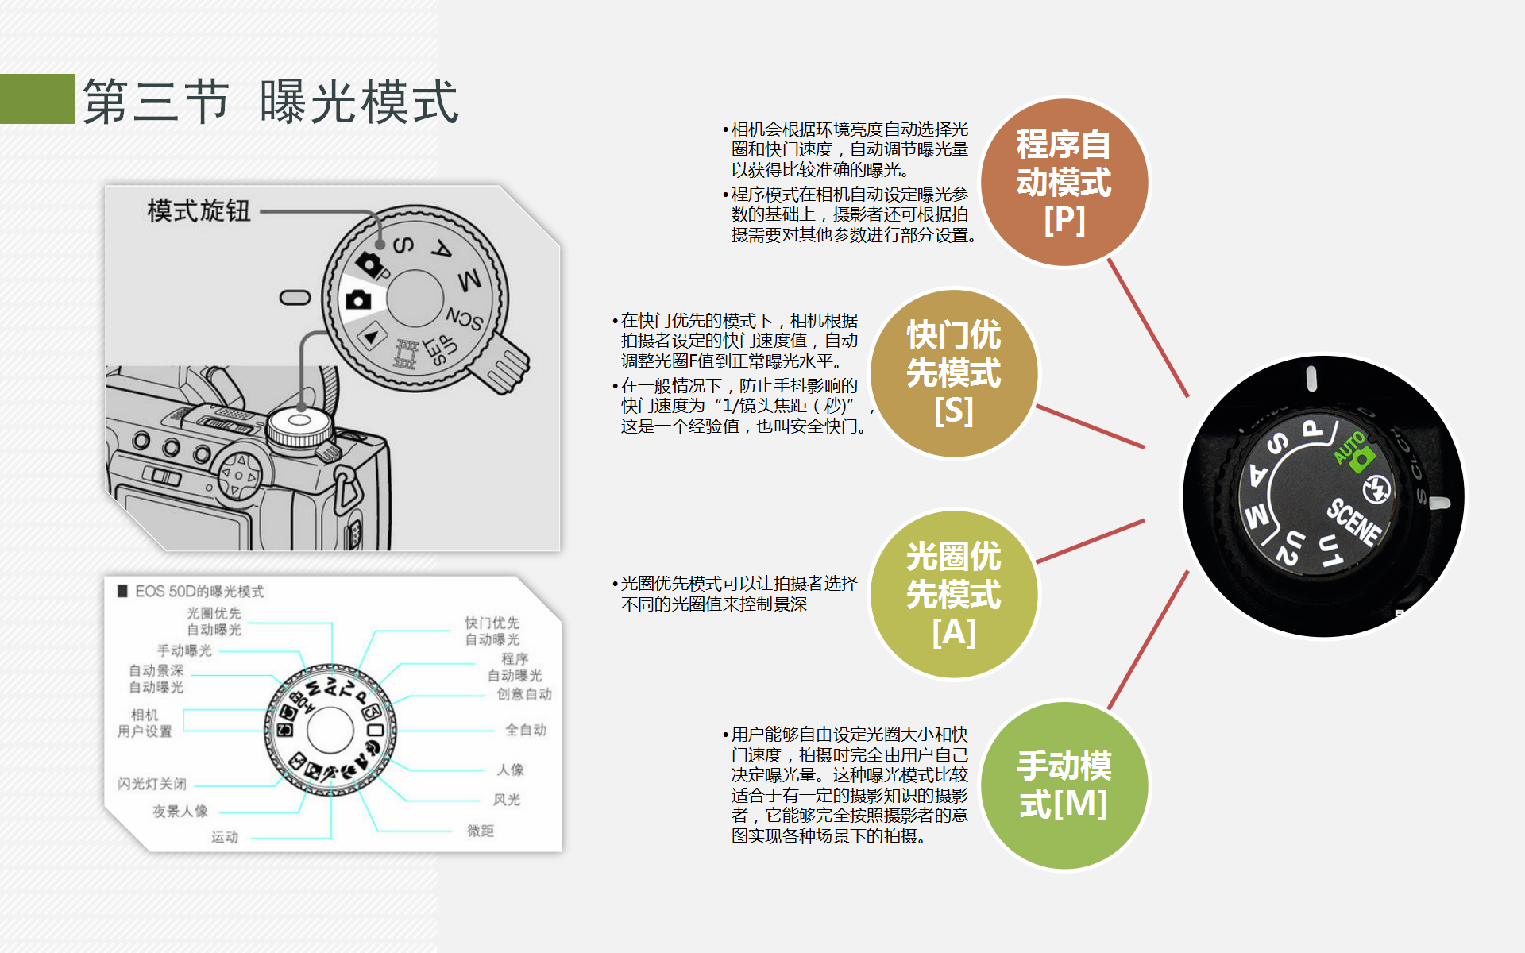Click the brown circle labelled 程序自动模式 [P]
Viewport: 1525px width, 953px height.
tap(1064, 183)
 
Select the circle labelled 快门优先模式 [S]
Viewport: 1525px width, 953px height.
tap(953, 373)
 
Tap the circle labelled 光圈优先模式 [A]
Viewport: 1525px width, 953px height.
tap(953, 594)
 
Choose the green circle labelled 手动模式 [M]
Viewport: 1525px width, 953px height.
tap(1064, 785)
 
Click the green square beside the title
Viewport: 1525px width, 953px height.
tap(37, 98)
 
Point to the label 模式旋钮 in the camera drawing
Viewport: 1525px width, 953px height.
tap(199, 211)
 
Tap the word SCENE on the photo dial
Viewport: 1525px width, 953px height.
tap(1354, 521)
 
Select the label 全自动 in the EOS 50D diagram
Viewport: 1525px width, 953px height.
tap(526, 730)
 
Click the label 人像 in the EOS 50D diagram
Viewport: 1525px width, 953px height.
tap(511, 770)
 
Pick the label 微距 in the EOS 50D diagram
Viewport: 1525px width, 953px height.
tap(481, 831)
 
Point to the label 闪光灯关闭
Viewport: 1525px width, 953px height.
tap(152, 784)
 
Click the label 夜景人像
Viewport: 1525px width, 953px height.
tap(180, 811)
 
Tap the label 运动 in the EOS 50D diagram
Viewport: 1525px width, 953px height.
tap(225, 836)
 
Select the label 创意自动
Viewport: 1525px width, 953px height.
tap(524, 694)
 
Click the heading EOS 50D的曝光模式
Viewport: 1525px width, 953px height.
tap(199, 592)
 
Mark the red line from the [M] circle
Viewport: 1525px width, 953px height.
tap(1148, 640)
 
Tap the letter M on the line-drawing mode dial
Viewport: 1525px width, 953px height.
tap(469, 280)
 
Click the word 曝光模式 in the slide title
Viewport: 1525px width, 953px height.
tap(359, 102)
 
